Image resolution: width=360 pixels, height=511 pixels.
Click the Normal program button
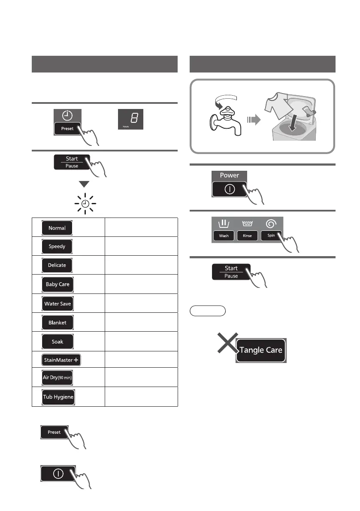57,228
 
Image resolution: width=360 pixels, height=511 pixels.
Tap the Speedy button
57,247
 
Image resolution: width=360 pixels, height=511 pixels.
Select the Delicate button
57,265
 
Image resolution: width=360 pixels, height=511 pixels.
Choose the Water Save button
57,304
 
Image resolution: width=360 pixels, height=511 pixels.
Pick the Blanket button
57,323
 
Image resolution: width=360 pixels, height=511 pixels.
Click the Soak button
57,342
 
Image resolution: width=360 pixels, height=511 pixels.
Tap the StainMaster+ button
61,360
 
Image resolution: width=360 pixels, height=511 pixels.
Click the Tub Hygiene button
58,397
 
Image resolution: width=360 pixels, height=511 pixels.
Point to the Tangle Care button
261,350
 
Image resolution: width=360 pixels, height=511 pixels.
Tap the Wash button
224,236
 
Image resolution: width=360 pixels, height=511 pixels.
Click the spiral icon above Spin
270,223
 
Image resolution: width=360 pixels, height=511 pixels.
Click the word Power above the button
230,175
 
